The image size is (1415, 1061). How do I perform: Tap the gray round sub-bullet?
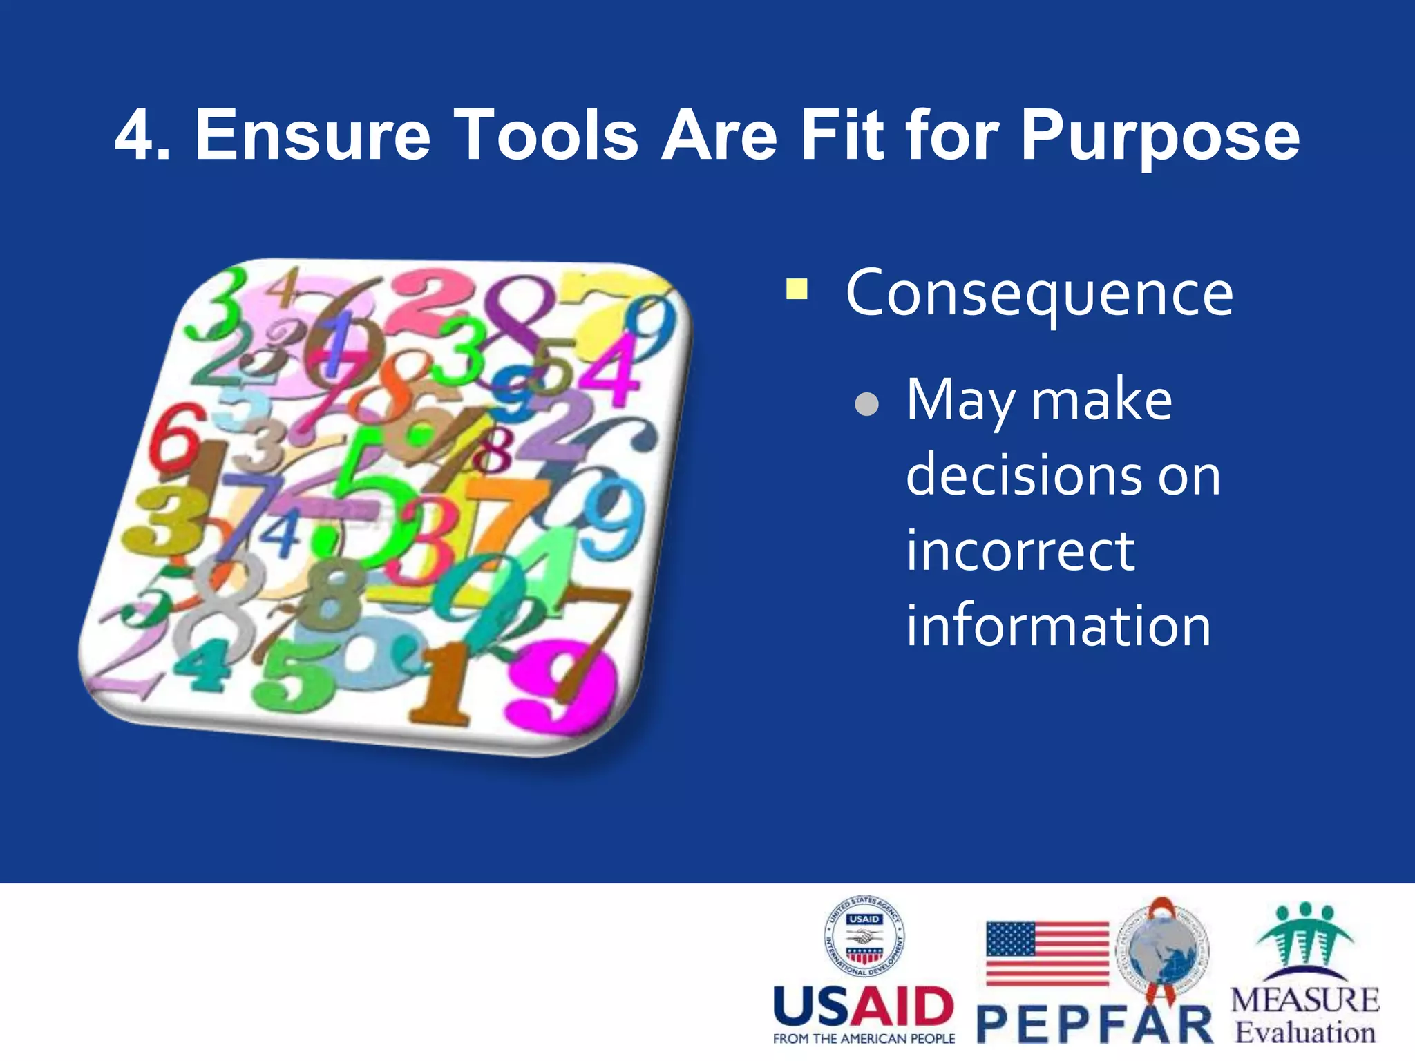click(x=866, y=405)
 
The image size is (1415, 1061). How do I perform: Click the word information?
click(x=1058, y=625)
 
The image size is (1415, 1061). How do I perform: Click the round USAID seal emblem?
click(x=864, y=937)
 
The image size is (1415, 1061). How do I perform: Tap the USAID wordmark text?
click(x=863, y=1007)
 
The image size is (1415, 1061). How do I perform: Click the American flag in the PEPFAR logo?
click(x=1047, y=953)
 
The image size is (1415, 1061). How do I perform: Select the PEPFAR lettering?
click(x=1094, y=1025)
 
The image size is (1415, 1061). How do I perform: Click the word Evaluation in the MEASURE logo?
click(x=1305, y=1033)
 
